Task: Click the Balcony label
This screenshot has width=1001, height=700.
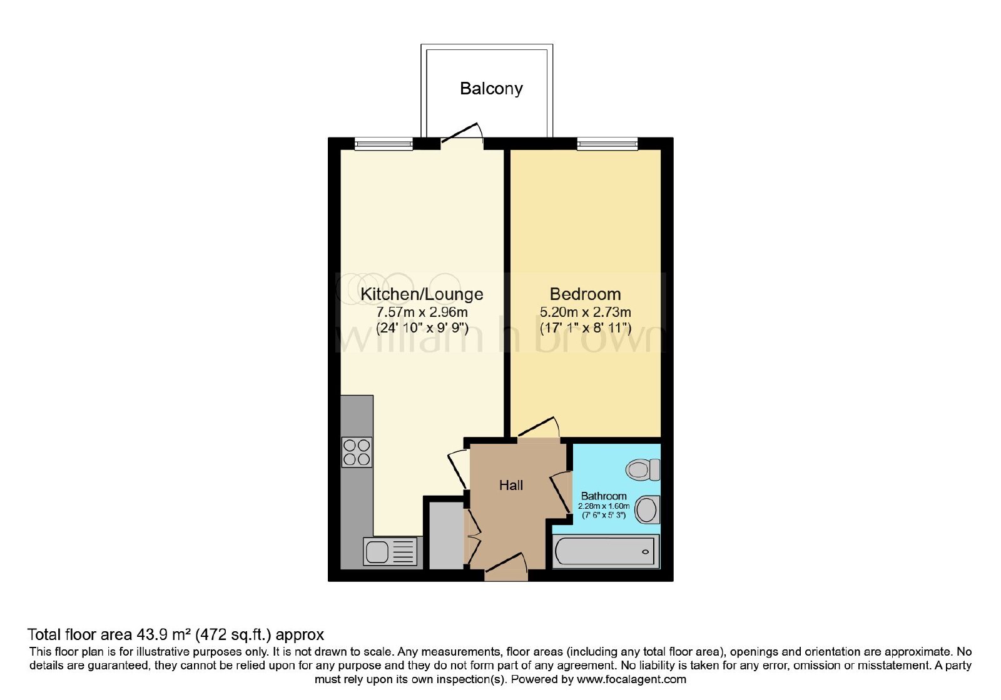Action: coord(491,88)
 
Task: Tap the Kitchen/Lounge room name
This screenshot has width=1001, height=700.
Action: coord(422,294)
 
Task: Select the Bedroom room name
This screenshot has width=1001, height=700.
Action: coord(585,294)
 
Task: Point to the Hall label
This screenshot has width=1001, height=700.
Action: coord(511,485)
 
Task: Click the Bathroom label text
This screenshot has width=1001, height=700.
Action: coord(604,496)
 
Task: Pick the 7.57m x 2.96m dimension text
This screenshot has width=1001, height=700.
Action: coord(422,312)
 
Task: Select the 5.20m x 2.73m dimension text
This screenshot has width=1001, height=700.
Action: coord(586,312)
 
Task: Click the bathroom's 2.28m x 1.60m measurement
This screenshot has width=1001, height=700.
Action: coord(604,506)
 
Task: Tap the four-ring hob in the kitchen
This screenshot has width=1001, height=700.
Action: coord(357,452)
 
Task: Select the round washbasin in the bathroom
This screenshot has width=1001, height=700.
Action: coord(647,510)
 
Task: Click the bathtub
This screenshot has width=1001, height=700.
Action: coord(606,552)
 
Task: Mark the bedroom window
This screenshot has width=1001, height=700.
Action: coord(607,143)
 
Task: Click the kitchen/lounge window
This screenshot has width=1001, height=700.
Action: coord(384,143)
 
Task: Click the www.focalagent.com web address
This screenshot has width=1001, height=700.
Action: coord(631,680)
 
